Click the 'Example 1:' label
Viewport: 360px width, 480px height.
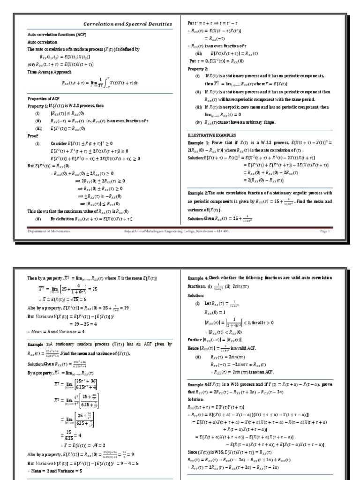click(x=201, y=142)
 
